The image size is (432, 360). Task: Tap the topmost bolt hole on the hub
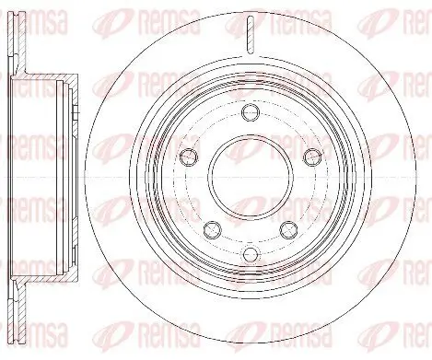coord(250,112)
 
